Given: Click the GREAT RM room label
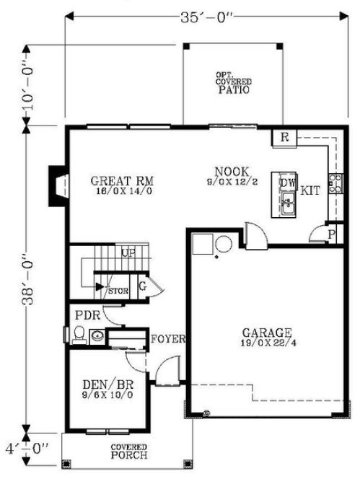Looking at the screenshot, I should tap(123, 181).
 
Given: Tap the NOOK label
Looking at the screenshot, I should tap(232, 172).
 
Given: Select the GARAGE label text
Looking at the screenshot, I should tap(267, 333).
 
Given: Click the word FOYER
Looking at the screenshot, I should tap(170, 338).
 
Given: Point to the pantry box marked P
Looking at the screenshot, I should tap(330, 234).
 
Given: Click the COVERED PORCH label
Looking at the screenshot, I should tap(129, 452).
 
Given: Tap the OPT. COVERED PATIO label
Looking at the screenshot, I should tap(232, 84).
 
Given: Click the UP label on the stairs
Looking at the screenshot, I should tap(128, 253).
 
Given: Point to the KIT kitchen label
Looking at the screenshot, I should tap(311, 190).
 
